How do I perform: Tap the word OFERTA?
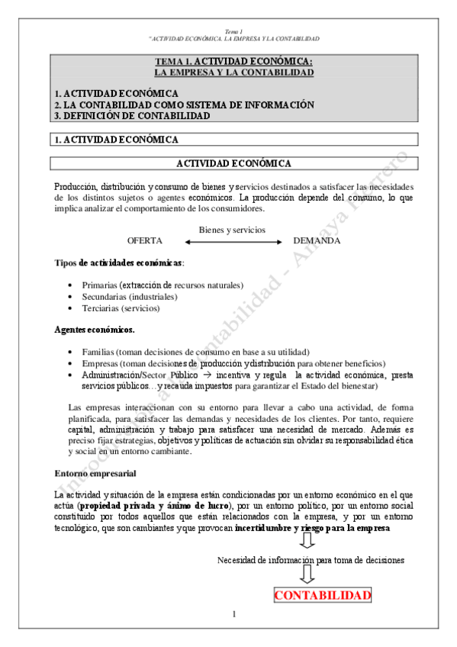pos(145,240)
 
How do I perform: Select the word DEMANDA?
pos(317,240)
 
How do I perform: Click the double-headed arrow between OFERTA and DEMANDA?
pos(232,242)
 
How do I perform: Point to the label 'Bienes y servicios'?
pos(232,230)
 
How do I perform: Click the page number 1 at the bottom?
pos(234,614)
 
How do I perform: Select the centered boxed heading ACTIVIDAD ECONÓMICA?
pos(233,163)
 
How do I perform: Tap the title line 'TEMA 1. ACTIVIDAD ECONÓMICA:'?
pos(233,62)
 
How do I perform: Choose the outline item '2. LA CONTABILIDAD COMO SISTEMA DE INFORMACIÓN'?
pos(184,105)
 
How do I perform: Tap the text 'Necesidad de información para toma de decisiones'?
pos(311,560)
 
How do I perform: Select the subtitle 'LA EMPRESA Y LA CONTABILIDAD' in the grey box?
pos(233,72)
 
